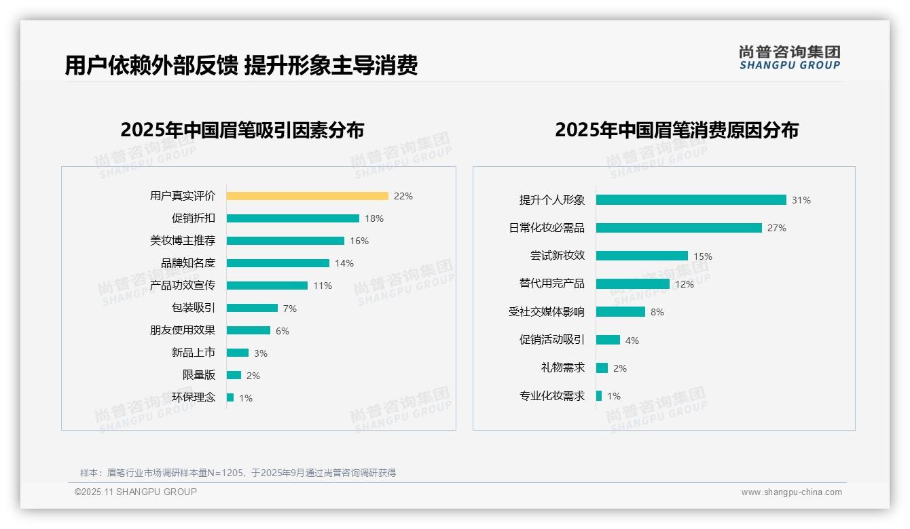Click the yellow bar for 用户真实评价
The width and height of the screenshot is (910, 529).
point(307,196)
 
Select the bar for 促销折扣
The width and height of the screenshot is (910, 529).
point(293,218)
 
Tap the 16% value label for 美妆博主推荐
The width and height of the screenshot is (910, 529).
point(359,241)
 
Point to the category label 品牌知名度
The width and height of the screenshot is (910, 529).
point(187,263)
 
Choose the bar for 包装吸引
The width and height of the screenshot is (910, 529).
point(252,308)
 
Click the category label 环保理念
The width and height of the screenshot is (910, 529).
point(193,397)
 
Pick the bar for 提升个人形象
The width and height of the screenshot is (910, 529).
point(691,200)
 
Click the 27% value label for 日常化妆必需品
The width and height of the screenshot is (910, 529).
point(777,228)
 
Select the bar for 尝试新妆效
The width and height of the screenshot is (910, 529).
point(642,256)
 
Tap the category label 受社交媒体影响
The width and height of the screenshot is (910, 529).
point(546,312)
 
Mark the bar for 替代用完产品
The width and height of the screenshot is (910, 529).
point(633,284)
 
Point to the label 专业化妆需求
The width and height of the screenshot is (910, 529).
point(551,396)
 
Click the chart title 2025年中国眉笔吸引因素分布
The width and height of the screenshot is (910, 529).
point(242,130)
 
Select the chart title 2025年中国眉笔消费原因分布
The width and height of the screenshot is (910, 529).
point(676,130)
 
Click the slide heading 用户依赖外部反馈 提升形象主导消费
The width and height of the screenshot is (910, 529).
point(241,65)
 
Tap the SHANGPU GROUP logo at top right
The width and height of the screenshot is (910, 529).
point(789,58)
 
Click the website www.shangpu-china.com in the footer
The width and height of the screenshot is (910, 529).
point(791,492)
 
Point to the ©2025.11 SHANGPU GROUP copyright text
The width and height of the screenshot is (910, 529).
point(136,492)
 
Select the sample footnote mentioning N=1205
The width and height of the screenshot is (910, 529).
point(238,473)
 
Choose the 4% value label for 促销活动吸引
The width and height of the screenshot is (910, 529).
point(632,340)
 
